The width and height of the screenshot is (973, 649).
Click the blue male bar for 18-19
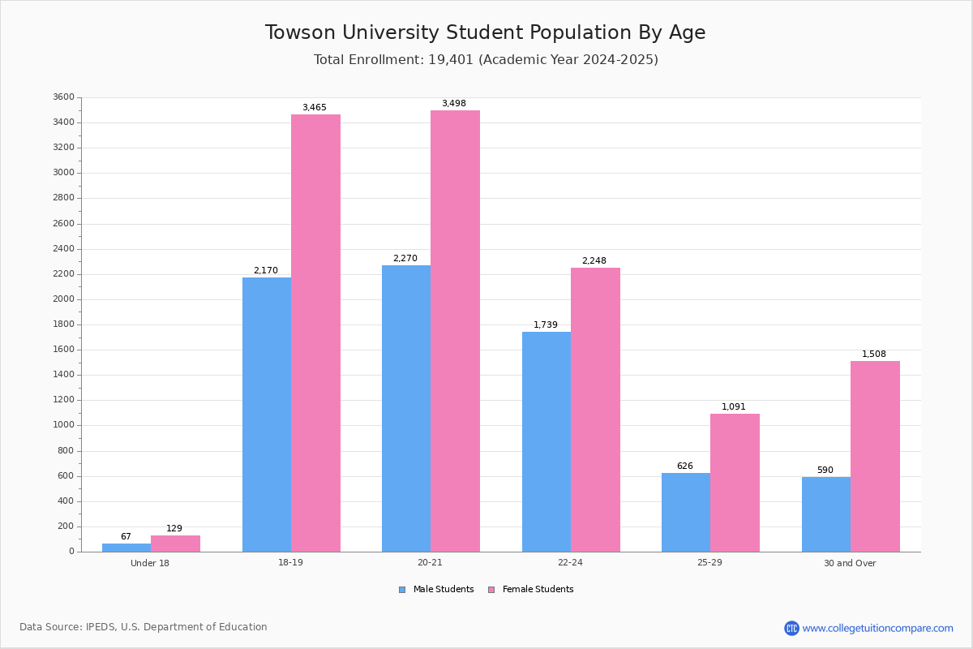point(267,415)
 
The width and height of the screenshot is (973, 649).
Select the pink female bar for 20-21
point(455,331)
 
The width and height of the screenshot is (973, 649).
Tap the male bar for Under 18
point(126,548)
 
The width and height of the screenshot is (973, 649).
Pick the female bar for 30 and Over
point(875,457)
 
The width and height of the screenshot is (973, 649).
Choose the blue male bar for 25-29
point(686,513)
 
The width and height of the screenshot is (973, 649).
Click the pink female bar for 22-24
point(595,410)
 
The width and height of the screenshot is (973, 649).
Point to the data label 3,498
point(454,103)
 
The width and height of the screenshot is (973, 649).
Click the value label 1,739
point(546,324)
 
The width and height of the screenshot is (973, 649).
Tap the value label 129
point(174,528)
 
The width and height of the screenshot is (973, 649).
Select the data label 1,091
point(734,406)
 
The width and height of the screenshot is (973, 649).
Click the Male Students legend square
point(402,590)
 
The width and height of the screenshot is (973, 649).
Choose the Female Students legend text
point(538,589)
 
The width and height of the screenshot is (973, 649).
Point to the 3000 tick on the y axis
point(64,173)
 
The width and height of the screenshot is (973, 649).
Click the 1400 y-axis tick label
point(64,374)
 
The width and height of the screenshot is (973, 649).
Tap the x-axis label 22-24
point(570,562)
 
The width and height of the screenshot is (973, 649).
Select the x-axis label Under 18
point(150,563)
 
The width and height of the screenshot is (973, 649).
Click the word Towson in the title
point(300,32)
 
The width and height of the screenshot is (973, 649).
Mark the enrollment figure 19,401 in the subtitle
point(451,59)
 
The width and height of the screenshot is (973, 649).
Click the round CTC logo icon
point(791,628)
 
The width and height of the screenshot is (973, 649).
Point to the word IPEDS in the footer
point(101,627)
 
